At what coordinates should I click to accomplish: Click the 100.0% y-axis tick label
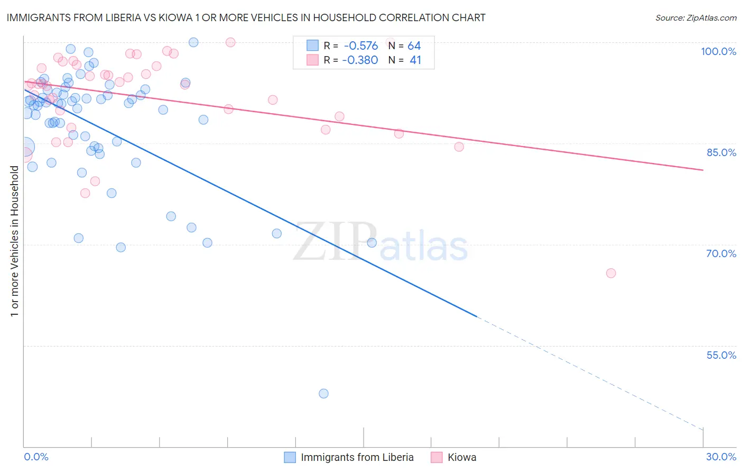pyautogui.click(x=718, y=51)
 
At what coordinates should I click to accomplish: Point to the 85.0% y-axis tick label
pyautogui.click(x=721, y=152)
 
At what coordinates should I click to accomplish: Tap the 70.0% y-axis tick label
pyautogui.click(x=721, y=253)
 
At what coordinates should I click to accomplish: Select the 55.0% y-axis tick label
pyautogui.click(x=721, y=355)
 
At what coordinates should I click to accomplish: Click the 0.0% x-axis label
pyautogui.click(x=36, y=457)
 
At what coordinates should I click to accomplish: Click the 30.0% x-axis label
pyautogui.click(x=721, y=457)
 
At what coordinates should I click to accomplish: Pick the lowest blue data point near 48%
pyautogui.click(x=323, y=394)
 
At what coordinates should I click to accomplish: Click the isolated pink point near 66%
pyautogui.click(x=611, y=273)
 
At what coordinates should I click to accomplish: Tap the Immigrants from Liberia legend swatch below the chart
pyautogui.click(x=290, y=457)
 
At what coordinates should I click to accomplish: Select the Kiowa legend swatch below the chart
pyautogui.click(x=436, y=457)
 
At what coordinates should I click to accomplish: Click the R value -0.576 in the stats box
pyautogui.click(x=361, y=46)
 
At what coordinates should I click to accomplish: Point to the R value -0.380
pyautogui.click(x=360, y=60)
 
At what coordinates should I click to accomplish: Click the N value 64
pyautogui.click(x=414, y=46)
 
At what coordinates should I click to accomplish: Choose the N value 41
pyautogui.click(x=415, y=60)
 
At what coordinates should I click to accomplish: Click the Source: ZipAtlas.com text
pyautogui.click(x=695, y=17)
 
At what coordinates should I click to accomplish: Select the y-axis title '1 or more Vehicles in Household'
pyautogui.click(x=14, y=241)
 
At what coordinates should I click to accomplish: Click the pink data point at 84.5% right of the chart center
pyautogui.click(x=459, y=147)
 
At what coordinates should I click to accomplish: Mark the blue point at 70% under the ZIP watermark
pyautogui.click(x=371, y=243)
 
